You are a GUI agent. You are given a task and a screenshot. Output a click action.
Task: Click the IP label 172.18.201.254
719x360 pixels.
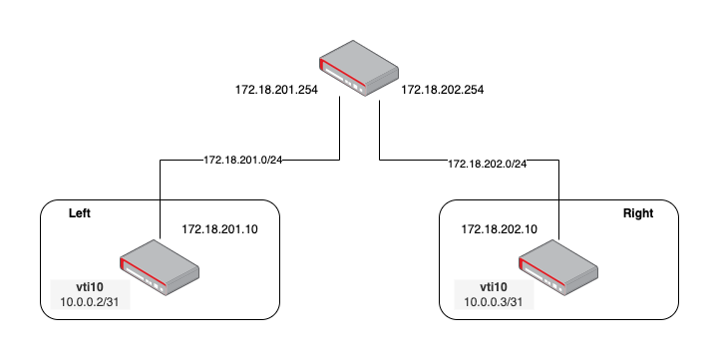click(x=271, y=90)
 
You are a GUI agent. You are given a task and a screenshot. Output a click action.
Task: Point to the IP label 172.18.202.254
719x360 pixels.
click(x=442, y=90)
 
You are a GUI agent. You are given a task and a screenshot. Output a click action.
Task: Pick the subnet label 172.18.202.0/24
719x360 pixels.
click(x=487, y=163)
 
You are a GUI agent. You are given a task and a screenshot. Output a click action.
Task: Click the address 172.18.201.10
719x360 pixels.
click(x=219, y=229)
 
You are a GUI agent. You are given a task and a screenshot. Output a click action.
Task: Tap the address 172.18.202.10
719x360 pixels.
click(x=499, y=229)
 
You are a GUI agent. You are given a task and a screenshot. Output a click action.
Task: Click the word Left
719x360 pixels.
click(x=80, y=213)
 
